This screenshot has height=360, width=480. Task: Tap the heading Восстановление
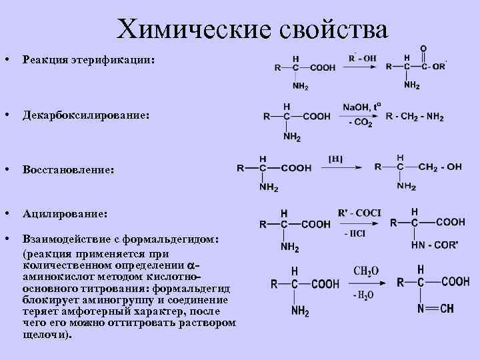pos(68,170)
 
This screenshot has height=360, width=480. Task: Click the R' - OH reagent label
pos(363,58)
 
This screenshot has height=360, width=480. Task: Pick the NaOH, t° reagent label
pos(362,107)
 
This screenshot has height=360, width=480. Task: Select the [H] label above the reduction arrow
pos(336,158)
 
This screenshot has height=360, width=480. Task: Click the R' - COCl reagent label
pos(359,213)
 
